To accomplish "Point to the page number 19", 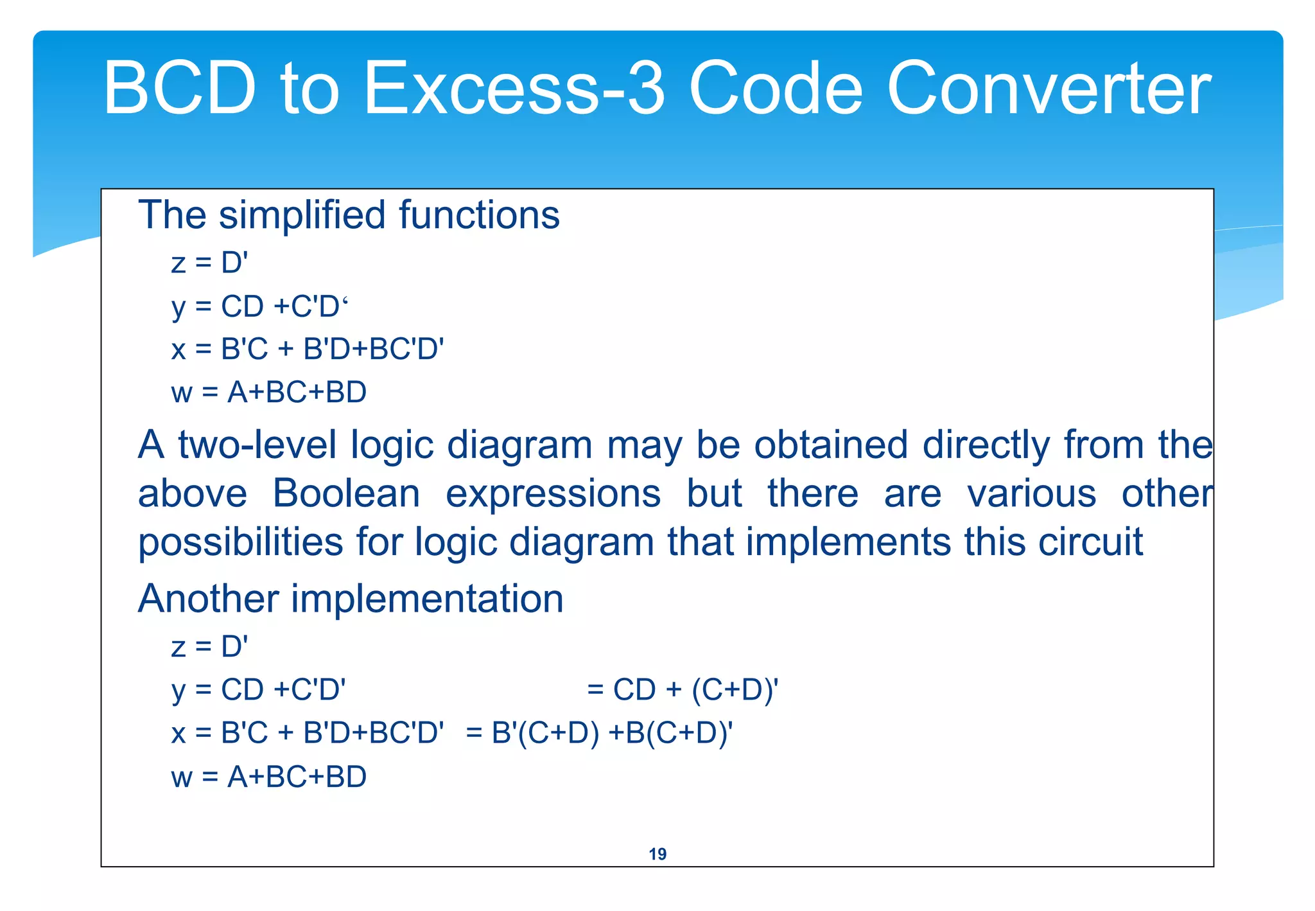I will pyautogui.click(x=657, y=854).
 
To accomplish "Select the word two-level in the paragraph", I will pyautogui.click(x=257, y=445).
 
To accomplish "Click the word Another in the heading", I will pyautogui.click(x=208, y=598).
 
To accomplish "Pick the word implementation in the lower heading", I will pyautogui.click(x=427, y=598).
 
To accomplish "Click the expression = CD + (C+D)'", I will pyautogui.click(x=683, y=690).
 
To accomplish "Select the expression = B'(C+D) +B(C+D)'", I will pyautogui.click(x=599, y=733).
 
